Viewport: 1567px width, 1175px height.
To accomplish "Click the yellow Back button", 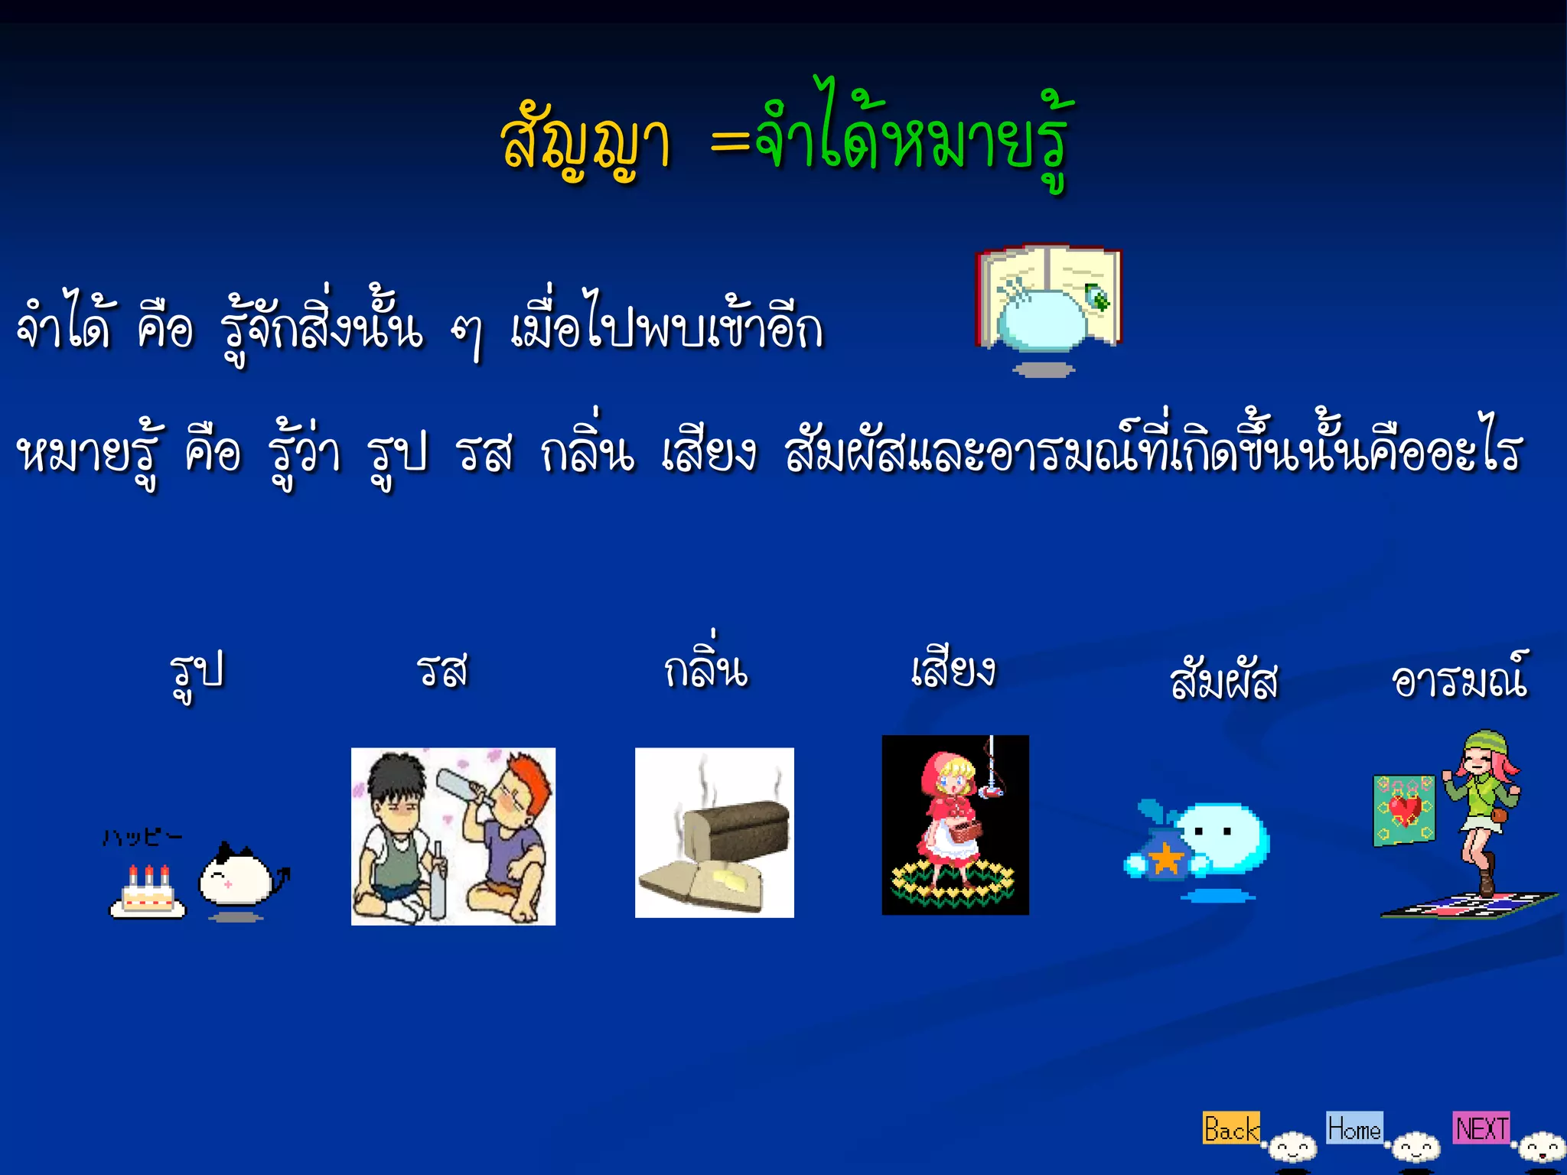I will (x=1230, y=1128).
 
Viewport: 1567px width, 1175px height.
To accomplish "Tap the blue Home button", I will (x=1354, y=1128).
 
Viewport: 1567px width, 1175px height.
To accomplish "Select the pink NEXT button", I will (x=1481, y=1128).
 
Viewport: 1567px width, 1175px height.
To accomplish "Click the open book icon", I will (x=1048, y=298).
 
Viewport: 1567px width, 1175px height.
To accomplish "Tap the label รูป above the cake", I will (x=197, y=673).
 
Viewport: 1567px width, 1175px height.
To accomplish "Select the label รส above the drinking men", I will (x=442, y=672).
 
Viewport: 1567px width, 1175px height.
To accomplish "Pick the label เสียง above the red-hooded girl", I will (x=953, y=670).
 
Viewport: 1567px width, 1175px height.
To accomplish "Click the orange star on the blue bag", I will (x=1166, y=858).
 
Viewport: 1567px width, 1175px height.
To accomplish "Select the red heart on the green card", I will (x=1405, y=809).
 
